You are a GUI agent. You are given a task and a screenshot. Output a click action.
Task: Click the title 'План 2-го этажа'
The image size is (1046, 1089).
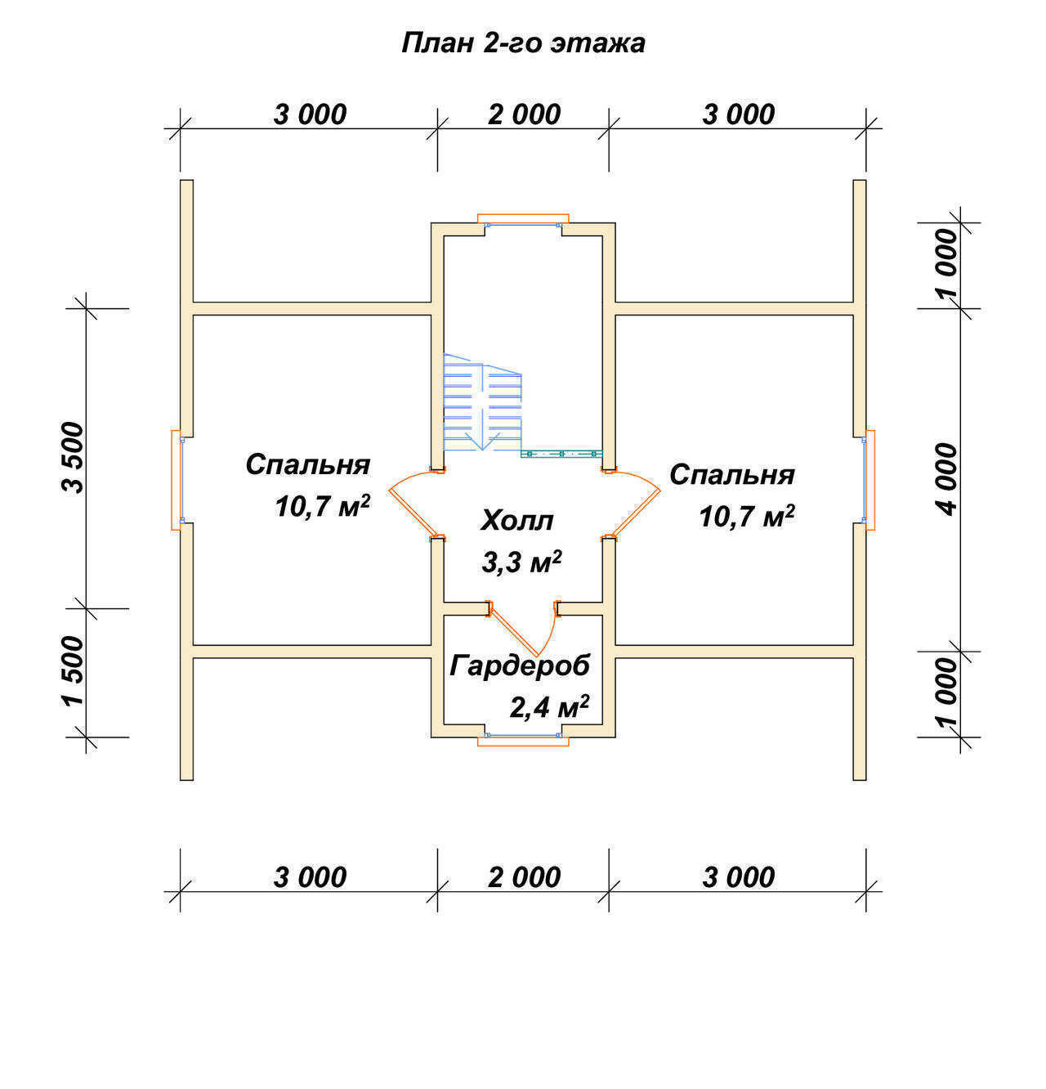click(x=523, y=43)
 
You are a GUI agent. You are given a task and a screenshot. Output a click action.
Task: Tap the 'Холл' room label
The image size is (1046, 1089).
click(x=516, y=520)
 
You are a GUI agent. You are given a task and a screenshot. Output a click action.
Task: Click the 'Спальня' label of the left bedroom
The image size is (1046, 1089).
click(x=307, y=464)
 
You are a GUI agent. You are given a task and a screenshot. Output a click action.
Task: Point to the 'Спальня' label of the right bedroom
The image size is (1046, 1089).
click(x=732, y=474)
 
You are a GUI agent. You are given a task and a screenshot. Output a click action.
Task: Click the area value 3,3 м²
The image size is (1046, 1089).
click(x=521, y=562)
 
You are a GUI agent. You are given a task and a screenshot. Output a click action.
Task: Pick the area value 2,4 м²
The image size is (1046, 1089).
click(x=549, y=707)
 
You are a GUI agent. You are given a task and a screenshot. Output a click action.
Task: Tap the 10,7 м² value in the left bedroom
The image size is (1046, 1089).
click(x=322, y=506)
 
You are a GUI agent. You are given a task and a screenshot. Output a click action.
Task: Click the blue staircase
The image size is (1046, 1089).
click(x=482, y=402)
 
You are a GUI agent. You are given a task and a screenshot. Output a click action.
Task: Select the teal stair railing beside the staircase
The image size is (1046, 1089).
click(x=561, y=454)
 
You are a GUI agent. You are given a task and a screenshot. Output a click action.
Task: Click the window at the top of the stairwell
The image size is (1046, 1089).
click(x=523, y=220)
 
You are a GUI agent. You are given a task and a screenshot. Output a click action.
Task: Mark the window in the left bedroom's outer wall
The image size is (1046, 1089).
click(x=177, y=480)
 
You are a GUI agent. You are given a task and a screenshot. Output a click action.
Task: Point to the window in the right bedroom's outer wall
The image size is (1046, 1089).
click(x=869, y=480)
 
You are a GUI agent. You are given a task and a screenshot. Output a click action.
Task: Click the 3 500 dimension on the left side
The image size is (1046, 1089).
click(x=72, y=458)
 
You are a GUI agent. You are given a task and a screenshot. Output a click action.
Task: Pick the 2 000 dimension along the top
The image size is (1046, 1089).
click(x=524, y=114)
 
